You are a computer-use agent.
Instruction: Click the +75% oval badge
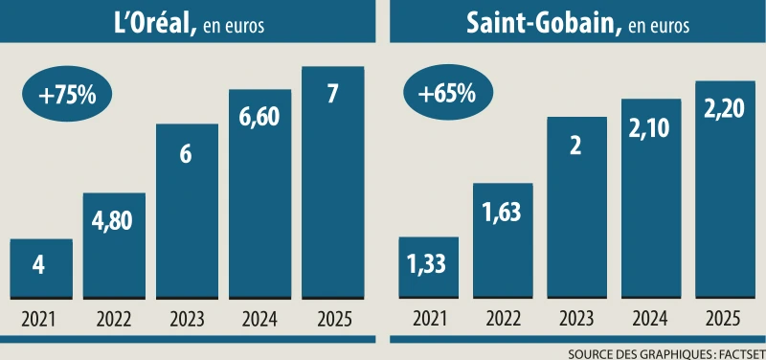tap(67, 96)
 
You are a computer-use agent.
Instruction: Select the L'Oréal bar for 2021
tap(41, 268)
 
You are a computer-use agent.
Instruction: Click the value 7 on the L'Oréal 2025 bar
tap(332, 95)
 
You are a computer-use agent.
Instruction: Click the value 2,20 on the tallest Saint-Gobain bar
tap(721, 114)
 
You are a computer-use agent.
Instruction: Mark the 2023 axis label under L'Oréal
tap(187, 319)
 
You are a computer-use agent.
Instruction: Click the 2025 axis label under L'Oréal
tap(332, 319)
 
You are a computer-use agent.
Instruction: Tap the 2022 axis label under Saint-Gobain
tap(503, 319)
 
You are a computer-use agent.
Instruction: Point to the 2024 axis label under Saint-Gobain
tap(648, 319)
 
